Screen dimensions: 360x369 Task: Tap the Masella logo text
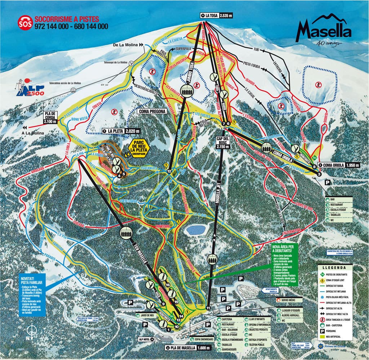coord(323,32)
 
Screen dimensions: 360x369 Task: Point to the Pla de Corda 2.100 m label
coord(50,117)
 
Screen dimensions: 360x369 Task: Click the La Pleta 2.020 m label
coord(121,131)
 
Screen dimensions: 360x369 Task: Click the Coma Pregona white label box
coord(152,112)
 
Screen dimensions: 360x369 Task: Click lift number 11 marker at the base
coord(208,308)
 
